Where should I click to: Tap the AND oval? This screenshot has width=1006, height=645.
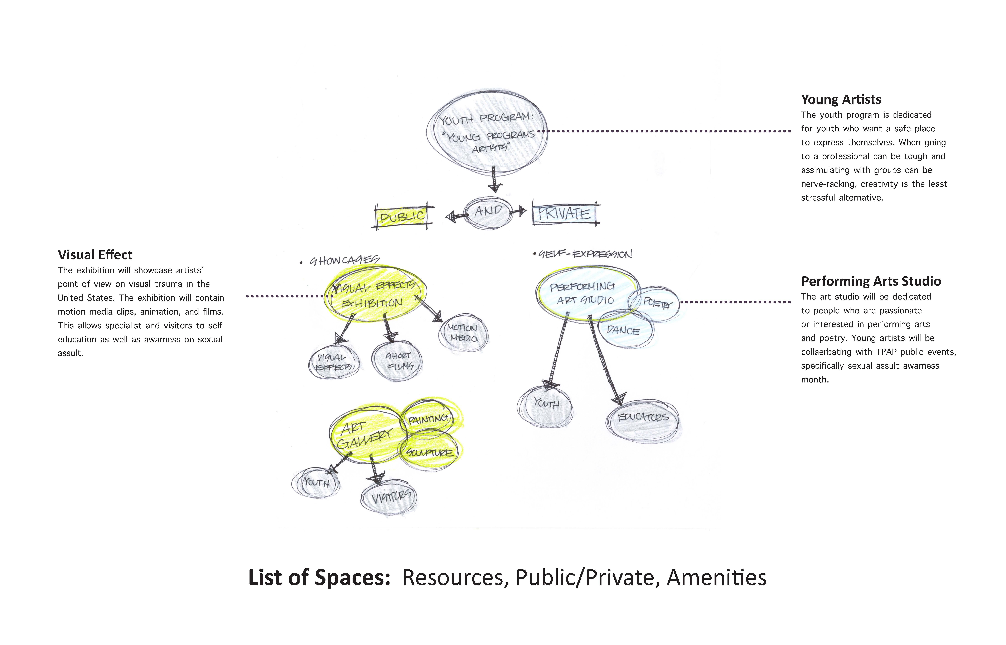point(488,212)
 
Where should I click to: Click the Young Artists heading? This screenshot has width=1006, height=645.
point(841,100)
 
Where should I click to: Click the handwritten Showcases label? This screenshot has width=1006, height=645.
point(344,260)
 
